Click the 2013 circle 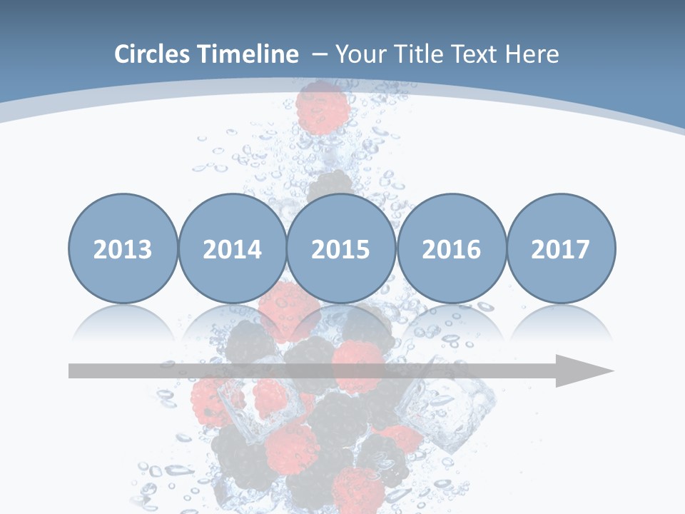pos(123,248)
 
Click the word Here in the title pos(532,54)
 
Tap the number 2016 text pos(451,250)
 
